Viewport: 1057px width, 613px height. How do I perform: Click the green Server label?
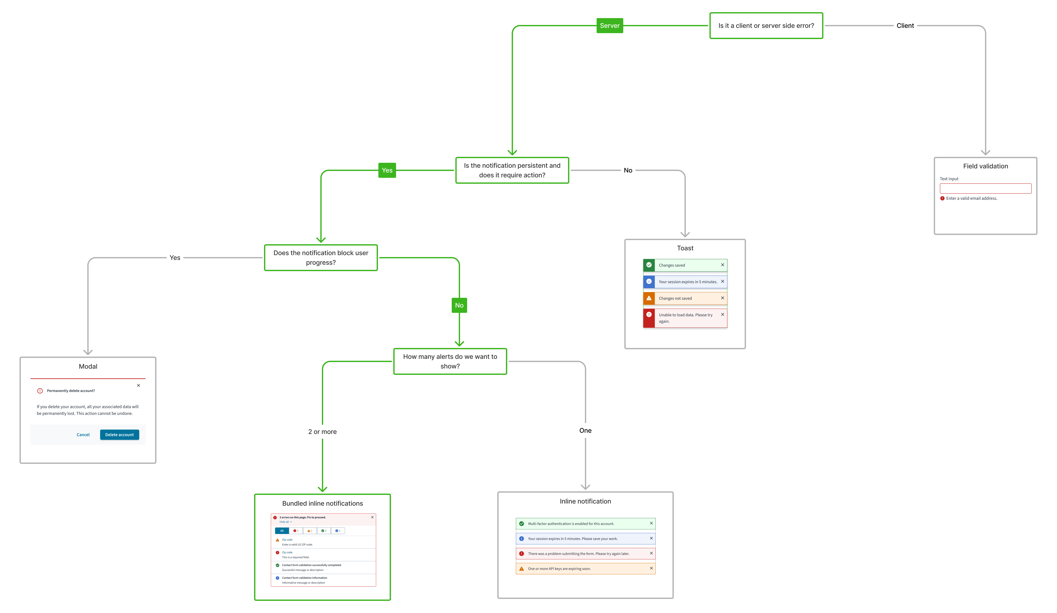coord(609,26)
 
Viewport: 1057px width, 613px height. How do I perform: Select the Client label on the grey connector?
coord(905,26)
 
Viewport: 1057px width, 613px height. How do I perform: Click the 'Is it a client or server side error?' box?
coord(766,26)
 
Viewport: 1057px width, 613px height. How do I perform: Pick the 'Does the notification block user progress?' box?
coord(321,258)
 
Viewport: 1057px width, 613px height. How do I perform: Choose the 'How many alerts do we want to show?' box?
coord(450,361)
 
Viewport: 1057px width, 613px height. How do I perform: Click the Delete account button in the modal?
coord(120,435)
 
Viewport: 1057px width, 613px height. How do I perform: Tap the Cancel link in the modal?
coord(83,435)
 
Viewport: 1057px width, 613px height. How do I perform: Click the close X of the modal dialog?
coord(138,385)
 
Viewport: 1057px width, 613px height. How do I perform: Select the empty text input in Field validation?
coord(985,188)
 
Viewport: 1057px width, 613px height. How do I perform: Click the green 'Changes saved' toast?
coord(685,265)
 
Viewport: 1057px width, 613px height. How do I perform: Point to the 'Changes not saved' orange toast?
coord(685,298)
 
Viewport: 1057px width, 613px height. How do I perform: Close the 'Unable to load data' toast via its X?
coord(722,314)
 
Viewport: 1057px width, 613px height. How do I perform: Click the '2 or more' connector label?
coord(322,432)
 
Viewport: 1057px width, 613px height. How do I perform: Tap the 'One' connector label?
coord(585,431)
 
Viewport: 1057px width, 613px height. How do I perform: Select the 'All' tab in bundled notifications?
coord(282,531)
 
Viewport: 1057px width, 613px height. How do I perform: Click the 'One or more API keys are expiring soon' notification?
coord(585,569)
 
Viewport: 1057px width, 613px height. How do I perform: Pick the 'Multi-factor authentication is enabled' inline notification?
coord(585,524)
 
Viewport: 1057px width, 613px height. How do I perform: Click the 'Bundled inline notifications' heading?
coord(322,504)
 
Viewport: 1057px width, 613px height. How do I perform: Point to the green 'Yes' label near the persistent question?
coord(387,170)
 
